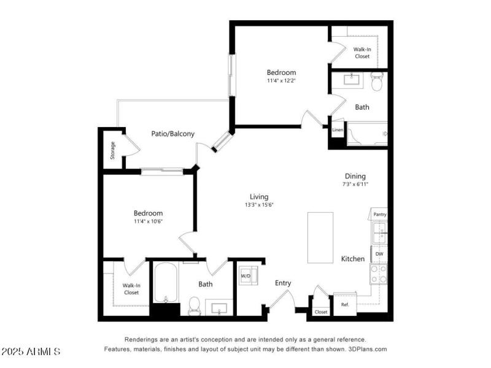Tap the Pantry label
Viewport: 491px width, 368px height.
380,215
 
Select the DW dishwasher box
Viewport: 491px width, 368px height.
379,253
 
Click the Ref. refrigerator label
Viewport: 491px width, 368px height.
345,304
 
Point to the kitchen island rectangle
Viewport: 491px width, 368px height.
320,237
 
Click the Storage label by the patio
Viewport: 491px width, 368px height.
113,150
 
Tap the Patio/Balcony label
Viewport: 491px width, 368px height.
173,134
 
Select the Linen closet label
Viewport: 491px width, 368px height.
338,130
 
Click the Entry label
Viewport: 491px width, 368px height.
283,283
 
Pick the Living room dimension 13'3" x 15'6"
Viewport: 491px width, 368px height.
258,205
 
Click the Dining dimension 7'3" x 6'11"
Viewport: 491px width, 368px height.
355,184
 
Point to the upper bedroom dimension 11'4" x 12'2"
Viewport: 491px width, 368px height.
281,80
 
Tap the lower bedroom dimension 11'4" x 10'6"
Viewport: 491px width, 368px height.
148,221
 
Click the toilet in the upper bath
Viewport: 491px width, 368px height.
377,81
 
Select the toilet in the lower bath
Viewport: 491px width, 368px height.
195,304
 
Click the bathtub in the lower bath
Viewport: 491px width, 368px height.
164,283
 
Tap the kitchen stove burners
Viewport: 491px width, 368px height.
379,274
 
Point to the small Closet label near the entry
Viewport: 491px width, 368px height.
321,312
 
